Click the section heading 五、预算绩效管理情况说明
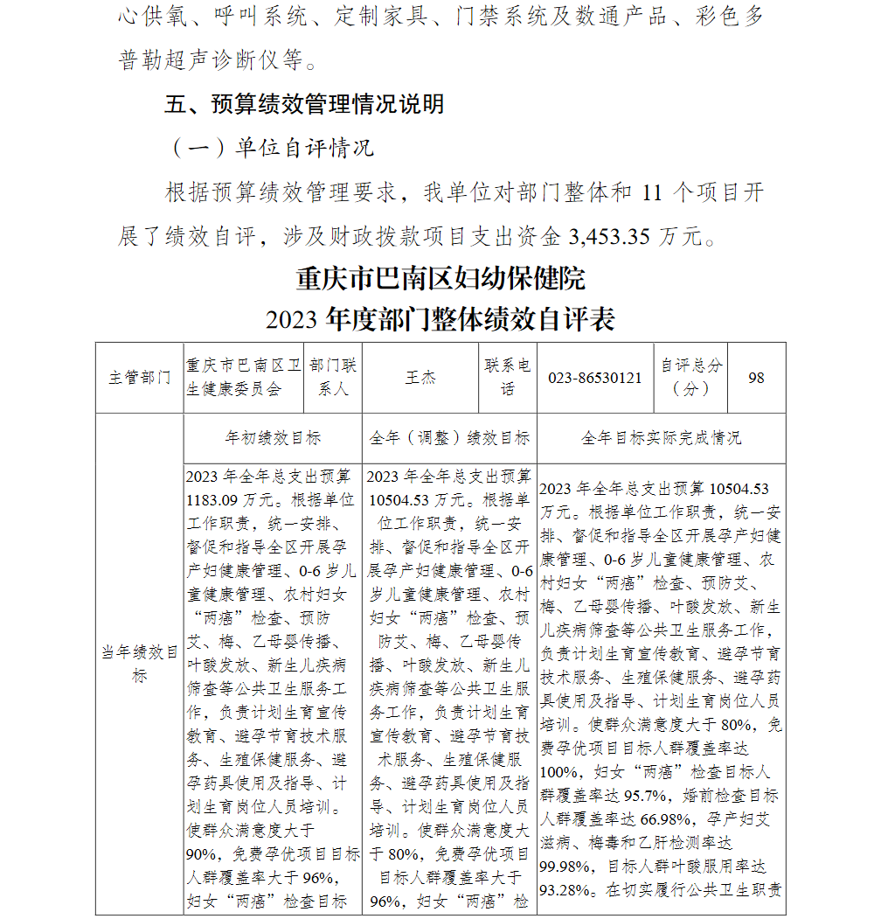[305, 104]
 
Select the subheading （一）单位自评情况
[270, 148]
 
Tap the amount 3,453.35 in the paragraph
[610, 236]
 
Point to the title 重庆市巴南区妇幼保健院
[440, 278]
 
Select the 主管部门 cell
[140, 378]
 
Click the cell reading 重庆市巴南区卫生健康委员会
[244, 378]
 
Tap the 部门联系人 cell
[333, 378]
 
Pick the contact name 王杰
[420, 378]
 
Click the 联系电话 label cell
[508, 378]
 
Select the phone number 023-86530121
[595, 378]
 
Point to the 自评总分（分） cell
[690, 378]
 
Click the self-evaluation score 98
[756, 378]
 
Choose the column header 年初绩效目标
[273, 438]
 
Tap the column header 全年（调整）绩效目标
[449, 438]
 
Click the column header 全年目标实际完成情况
[661, 438]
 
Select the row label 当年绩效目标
[140, 664]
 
